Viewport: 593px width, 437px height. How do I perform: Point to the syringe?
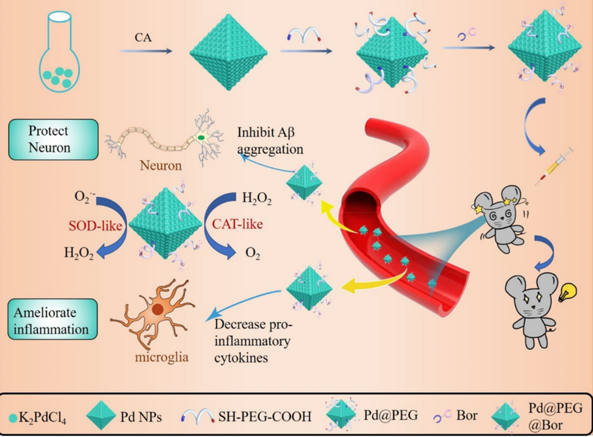click(554, 167)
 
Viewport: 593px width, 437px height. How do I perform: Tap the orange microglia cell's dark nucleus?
click(158, 309)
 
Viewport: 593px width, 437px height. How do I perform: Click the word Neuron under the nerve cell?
click(160, 166)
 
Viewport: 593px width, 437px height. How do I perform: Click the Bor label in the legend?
click(466, 416)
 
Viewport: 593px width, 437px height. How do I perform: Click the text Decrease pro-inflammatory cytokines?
click(254, 341)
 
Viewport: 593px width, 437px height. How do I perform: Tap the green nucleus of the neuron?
click(201, 137)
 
